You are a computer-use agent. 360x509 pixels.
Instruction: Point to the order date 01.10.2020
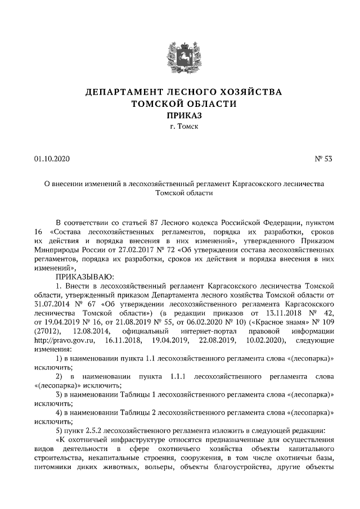[x=51, y=159]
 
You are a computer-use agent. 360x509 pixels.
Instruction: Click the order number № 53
[x=323, y=159]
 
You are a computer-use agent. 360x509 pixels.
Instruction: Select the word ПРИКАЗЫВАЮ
[x=84, y=277]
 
